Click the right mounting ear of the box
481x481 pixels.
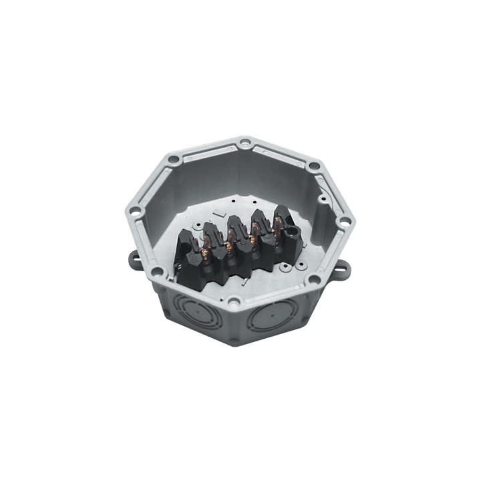click(342, 270)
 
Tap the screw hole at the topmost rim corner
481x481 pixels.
click(245, 142)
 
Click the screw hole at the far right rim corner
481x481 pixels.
click(344, 222)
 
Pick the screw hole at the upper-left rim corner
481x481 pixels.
click(174, 160)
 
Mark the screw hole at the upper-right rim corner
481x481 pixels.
click(313, 166)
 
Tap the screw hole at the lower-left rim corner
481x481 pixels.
click(157, 272)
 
